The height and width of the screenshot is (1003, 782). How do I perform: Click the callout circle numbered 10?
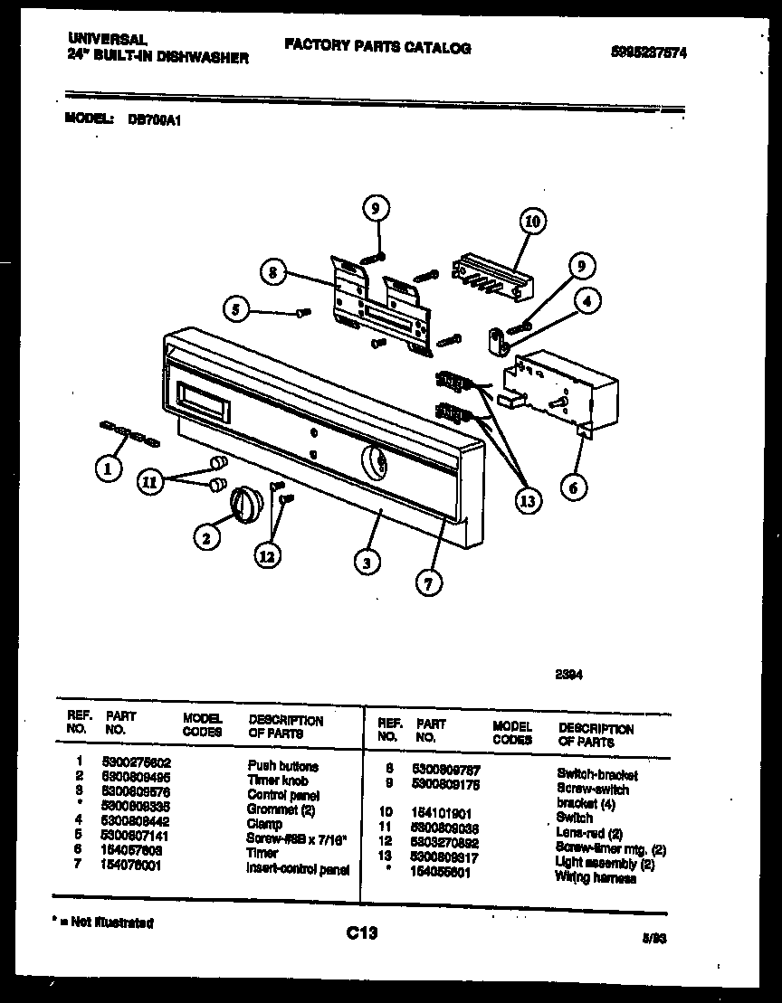coord(533,221)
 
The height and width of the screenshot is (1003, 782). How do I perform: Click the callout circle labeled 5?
coord(236,310)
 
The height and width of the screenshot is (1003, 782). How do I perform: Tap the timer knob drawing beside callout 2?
coord(244,502)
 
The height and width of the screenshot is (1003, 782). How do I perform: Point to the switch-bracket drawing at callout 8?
coord(378,303)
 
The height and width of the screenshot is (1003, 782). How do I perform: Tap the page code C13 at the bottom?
coord(360,932)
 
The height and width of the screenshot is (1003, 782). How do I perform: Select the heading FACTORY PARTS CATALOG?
coord(377,48)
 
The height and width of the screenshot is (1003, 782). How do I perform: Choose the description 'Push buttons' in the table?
coord(282,765)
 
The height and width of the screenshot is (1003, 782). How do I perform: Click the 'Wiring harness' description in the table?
coord(595,877)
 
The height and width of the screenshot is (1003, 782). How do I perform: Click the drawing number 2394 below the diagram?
coord(567,673)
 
